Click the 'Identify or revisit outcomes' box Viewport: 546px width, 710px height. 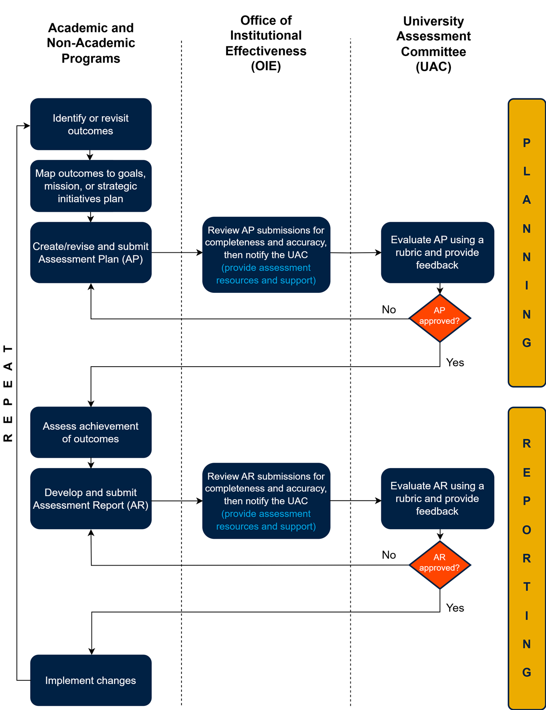pos(91,124)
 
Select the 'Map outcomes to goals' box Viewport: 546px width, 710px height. pos(91,186)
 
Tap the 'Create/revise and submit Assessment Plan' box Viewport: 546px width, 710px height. pos(91,253)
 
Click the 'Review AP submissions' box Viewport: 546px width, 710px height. pos(266,255)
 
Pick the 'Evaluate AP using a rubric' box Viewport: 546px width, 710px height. pos(437,252)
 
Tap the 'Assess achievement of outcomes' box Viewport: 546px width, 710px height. pos(91,432)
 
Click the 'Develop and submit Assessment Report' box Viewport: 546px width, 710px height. pos(91,499)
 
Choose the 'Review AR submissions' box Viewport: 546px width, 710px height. pos(266,501)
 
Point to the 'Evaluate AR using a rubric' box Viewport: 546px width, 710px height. pos(437,499)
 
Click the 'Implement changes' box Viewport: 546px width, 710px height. pos(91,680)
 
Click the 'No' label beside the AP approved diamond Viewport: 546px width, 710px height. pos(389,310)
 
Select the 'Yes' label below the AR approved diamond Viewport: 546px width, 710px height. pos(455,608)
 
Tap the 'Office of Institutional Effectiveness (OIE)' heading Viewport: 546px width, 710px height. pos(266,43)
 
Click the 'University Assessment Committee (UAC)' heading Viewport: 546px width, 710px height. pos(433,44)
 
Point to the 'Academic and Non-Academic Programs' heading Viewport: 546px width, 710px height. pos(91,43)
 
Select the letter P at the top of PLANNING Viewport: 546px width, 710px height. pos(526,143)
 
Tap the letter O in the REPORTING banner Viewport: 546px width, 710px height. pos(526,530)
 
